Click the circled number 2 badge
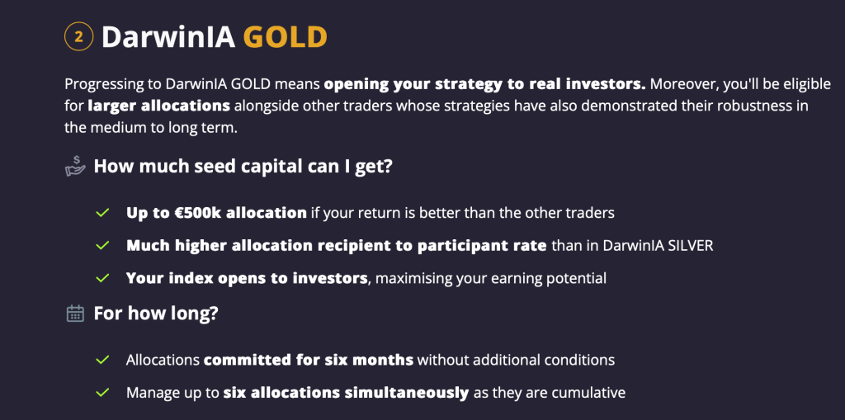click(78, 36)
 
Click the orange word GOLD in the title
click(286, 37)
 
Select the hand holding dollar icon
click(75, 167)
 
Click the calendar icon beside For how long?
click(75, 314)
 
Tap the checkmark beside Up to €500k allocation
click(102, 213)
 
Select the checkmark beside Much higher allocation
click(102, 246)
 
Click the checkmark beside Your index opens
click(102, 278)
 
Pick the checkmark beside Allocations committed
click(102, 360)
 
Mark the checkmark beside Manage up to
click(102, 393)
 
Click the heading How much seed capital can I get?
click(243, 167)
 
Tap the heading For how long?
click(155, 314)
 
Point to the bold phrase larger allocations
click(159, 106)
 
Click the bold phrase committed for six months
click(308, 360)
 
